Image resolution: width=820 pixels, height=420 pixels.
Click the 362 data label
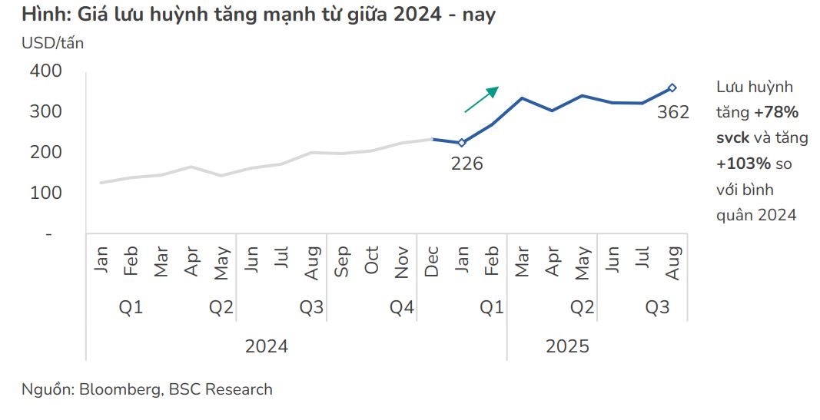(x=673, y=113)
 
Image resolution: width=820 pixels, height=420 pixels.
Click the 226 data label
(x=467, y=164)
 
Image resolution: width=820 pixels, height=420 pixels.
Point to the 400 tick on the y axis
(x=46, y=71)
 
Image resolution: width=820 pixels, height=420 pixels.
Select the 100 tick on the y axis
(x=46, y=193)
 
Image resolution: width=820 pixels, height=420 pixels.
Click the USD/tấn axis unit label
(x=53, y=44)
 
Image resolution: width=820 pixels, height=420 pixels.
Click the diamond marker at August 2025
(x=672, y=88)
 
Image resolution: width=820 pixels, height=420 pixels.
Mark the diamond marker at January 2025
(x=462, y=143)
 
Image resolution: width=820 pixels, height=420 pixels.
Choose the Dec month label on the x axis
(x=432, y=261)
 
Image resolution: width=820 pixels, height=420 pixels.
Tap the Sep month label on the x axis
(x=342, y=261)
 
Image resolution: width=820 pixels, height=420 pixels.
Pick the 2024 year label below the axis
(x=267, y=346)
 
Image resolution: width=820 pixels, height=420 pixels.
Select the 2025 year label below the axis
(x=567, y=346)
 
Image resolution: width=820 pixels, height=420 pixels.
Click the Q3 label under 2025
(x=657, y=308)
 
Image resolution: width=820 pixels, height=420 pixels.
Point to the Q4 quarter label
(x=402, y=308)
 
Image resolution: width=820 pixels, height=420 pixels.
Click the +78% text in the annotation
(x=776, y=113)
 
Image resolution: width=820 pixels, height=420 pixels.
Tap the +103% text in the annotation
(x=743, y=164)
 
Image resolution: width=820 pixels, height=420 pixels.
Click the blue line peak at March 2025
(x=522, y=98)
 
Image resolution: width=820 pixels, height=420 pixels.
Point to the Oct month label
(x=372, y=261)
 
